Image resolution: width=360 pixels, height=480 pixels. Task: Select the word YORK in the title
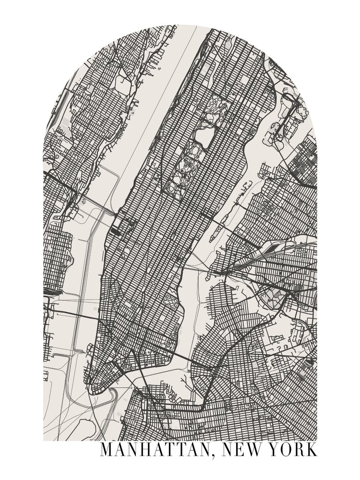coord(293,450)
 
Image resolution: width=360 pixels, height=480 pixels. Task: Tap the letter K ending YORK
coord(311,450)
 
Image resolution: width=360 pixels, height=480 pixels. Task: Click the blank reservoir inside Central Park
coord(205,137)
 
